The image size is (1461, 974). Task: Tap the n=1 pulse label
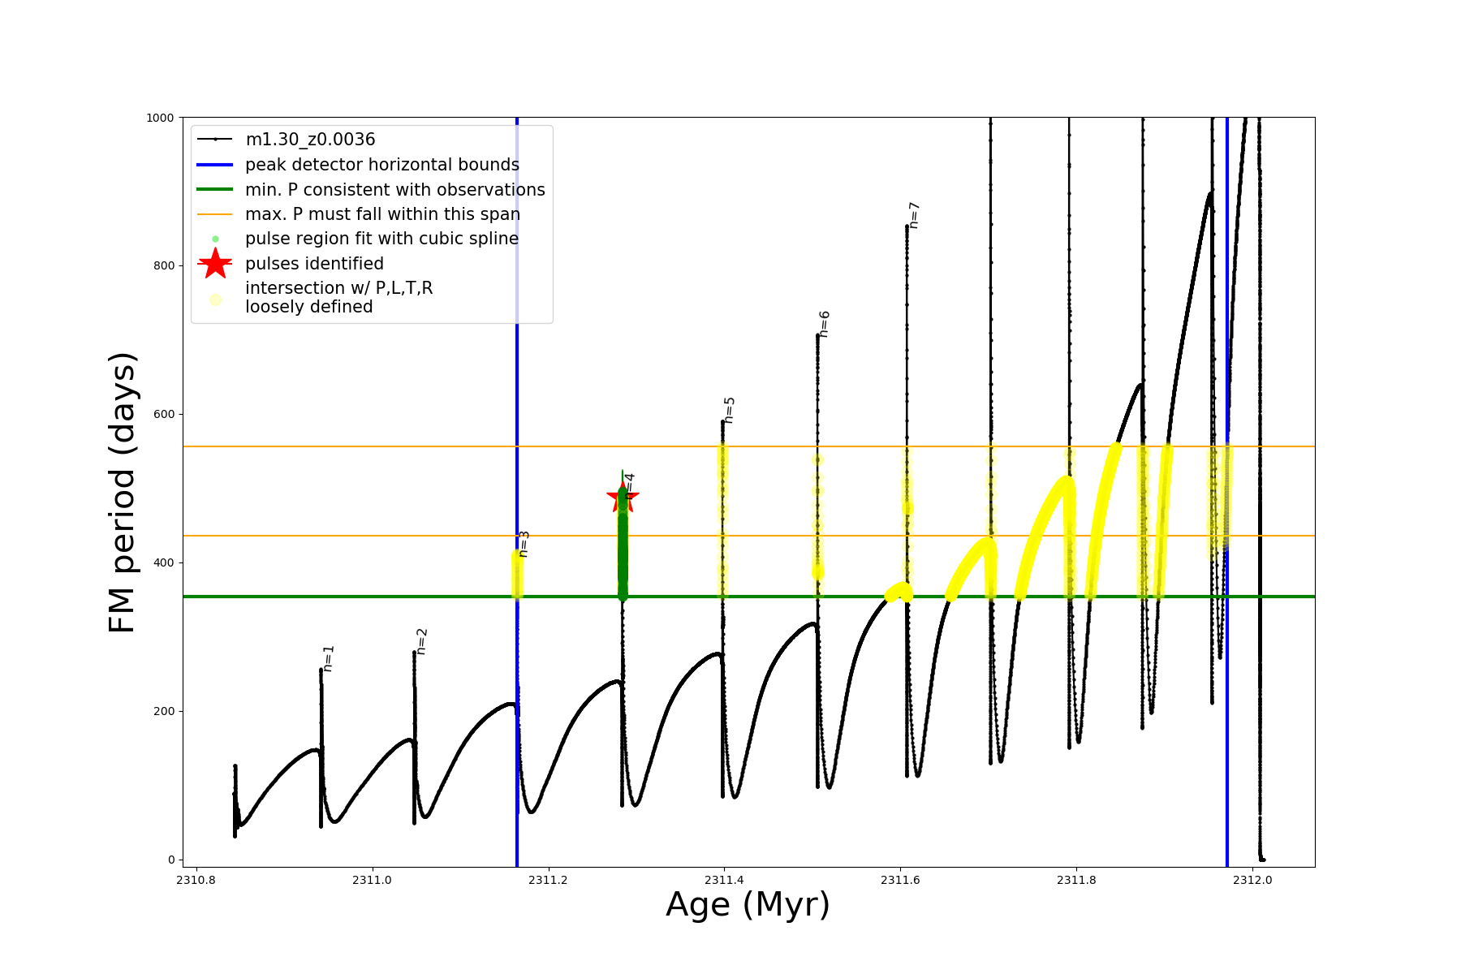tap(329, 658)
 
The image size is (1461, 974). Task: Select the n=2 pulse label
tap(421, 641)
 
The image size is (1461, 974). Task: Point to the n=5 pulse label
tap(730, 410)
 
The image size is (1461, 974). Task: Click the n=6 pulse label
tap(825, 323)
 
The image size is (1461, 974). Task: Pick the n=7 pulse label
tap(914, 215)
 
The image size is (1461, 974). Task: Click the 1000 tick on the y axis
tap(160, 118)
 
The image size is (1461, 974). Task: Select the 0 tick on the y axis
tap(171, 860)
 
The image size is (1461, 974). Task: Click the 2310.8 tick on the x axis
tap(196, 880)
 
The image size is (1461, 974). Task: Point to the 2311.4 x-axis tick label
tap(724, 880)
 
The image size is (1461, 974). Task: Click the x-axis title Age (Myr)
tap(748, 905)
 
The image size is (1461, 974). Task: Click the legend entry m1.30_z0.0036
tap(310, 140)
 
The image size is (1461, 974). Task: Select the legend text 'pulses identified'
tap(314, 264)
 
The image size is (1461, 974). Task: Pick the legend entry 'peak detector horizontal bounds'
tap(381, 165)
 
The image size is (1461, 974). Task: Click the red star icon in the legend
tap(215, 264)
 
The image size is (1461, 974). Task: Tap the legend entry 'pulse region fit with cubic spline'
tap(381, 239)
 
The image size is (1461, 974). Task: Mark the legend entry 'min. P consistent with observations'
tap(394, 190)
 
